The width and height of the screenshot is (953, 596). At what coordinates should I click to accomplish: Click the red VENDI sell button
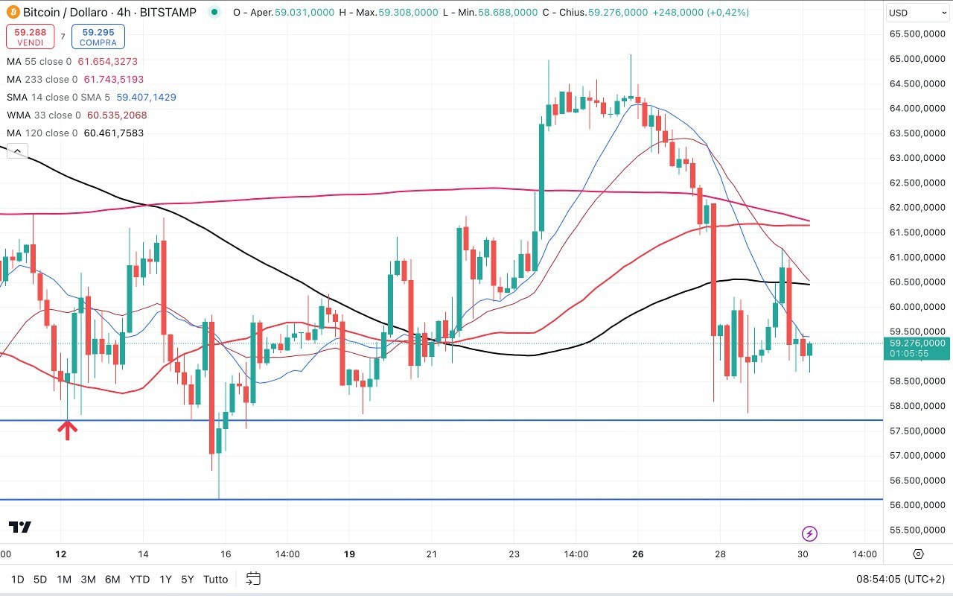click(x=30, y=37)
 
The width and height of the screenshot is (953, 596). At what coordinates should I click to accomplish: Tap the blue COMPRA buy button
click(x=98, y=37)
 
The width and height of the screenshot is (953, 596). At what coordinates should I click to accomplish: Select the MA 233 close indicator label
click(x=42, y=79)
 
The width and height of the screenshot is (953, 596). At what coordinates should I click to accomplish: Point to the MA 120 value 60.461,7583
click(x=114, y=133)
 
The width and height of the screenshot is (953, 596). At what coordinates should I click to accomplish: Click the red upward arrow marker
click(x=68, y=430)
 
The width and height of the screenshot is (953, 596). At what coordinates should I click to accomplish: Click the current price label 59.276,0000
click(x=917, y=343)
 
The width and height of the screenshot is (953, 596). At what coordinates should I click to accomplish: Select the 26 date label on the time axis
click(x=637, y=554)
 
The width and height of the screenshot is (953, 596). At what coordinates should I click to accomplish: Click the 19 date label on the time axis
click(x=350, y=554)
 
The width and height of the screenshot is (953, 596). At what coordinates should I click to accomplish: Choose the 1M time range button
click(x=64, y=579)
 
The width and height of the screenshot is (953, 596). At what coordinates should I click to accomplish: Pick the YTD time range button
click(x=139, y=579)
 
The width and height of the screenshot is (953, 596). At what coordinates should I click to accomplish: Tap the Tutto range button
click(x=216, y=579)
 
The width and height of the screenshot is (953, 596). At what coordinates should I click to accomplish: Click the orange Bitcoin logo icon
click(x=13, y=12)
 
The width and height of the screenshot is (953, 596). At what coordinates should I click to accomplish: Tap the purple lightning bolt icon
click(x=810, y=533)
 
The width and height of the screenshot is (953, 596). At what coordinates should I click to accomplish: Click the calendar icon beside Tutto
click(x=253, y=579)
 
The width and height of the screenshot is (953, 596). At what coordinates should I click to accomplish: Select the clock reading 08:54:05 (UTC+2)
click(x=899, y=579)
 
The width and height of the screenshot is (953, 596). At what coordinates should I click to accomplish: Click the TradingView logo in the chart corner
click(x=20, y=527)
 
